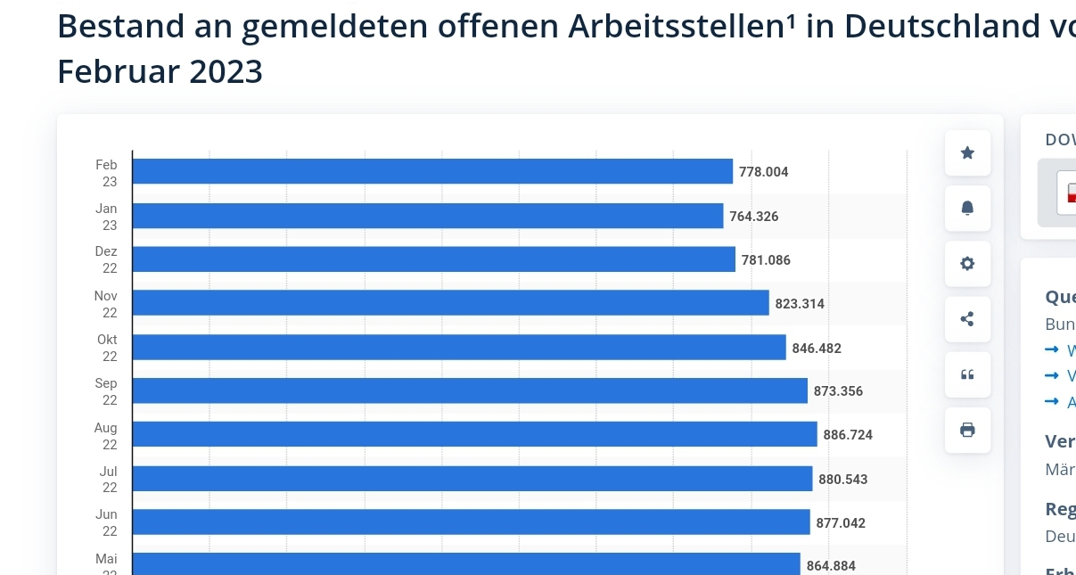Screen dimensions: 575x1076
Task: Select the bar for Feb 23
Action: click(x=432, y=171)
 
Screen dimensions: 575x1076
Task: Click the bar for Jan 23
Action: click(x=428, y=216)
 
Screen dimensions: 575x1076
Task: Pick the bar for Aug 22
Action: click(x=474, y=434)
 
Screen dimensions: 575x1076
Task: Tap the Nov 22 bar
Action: click(x=450, y=303)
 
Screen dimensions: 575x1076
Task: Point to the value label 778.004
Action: click(x=764, y=172)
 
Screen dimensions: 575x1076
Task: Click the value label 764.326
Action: click(x=754, y=217)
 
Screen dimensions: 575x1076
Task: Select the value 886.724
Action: click(x=848, y=435)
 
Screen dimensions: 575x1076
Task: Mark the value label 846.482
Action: click(x=817, y=348)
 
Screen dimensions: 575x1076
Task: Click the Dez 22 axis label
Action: click(x=107, y=259)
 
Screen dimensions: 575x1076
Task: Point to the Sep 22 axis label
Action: click(x=107, y=391)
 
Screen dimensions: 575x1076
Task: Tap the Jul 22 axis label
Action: click(x=108, y=479)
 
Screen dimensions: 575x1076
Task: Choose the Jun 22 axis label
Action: click(x=107, y=522)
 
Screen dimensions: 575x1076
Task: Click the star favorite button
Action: click(x=967, y=153)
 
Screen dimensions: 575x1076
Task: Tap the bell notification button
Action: click(x=967, y=209)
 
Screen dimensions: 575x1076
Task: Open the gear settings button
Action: click(x=967, y=264)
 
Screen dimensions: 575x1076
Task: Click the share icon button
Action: click(x=967, y=319)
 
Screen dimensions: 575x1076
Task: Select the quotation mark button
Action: click(x=967, y=374)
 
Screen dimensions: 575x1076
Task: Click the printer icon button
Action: click(x=967, y=430)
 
